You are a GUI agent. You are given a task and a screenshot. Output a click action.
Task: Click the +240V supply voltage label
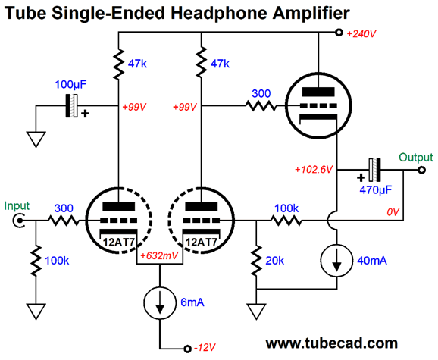[361, 34]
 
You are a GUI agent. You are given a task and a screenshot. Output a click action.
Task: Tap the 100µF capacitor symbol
[71, 106]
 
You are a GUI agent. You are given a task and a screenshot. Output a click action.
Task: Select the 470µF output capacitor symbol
[374, 170]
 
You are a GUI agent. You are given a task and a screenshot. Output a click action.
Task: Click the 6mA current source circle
[160, 302]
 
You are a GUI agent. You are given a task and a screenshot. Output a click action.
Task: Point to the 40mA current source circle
[337, 261]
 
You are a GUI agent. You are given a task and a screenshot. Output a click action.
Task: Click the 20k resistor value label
[274, 261]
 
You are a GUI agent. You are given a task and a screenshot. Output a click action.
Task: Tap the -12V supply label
[205, 347]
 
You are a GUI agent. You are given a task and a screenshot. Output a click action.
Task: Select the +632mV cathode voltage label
[159, 255]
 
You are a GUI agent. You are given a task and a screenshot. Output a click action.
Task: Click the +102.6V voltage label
[314, 169]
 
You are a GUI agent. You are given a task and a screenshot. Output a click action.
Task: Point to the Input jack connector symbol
[18, 221]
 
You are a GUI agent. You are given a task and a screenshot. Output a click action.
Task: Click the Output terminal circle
[421, 170]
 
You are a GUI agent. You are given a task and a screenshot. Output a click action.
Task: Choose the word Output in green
[416, 158]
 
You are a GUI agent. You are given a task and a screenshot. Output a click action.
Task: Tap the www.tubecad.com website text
[332, 343]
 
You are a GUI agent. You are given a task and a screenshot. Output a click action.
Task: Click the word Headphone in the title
[219, 13]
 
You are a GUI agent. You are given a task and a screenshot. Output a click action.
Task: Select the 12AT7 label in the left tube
[119, 242]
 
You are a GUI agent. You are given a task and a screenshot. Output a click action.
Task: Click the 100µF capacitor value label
[70, 84]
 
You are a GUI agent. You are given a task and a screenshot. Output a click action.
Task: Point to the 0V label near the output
[393, 212]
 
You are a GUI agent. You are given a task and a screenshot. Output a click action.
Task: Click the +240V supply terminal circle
[339, 33]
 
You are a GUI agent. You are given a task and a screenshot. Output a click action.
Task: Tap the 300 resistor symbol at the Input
[64, 221]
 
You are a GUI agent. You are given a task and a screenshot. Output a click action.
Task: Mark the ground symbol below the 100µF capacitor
[36, 139]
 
